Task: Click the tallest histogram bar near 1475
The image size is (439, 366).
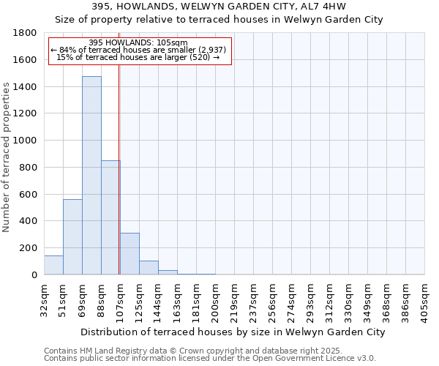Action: click(91, 176)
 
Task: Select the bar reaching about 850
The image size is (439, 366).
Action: click(110, 217)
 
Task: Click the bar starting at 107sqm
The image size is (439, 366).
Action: click(130, 253)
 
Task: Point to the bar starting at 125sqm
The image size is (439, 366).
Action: click(149, 267)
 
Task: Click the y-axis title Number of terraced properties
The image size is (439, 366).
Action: click(7, 157)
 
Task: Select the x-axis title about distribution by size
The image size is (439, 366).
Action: click(233, 332)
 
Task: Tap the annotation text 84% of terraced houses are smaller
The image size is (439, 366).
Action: click(139, 50)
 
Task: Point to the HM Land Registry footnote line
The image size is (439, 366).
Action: click(209, 351)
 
